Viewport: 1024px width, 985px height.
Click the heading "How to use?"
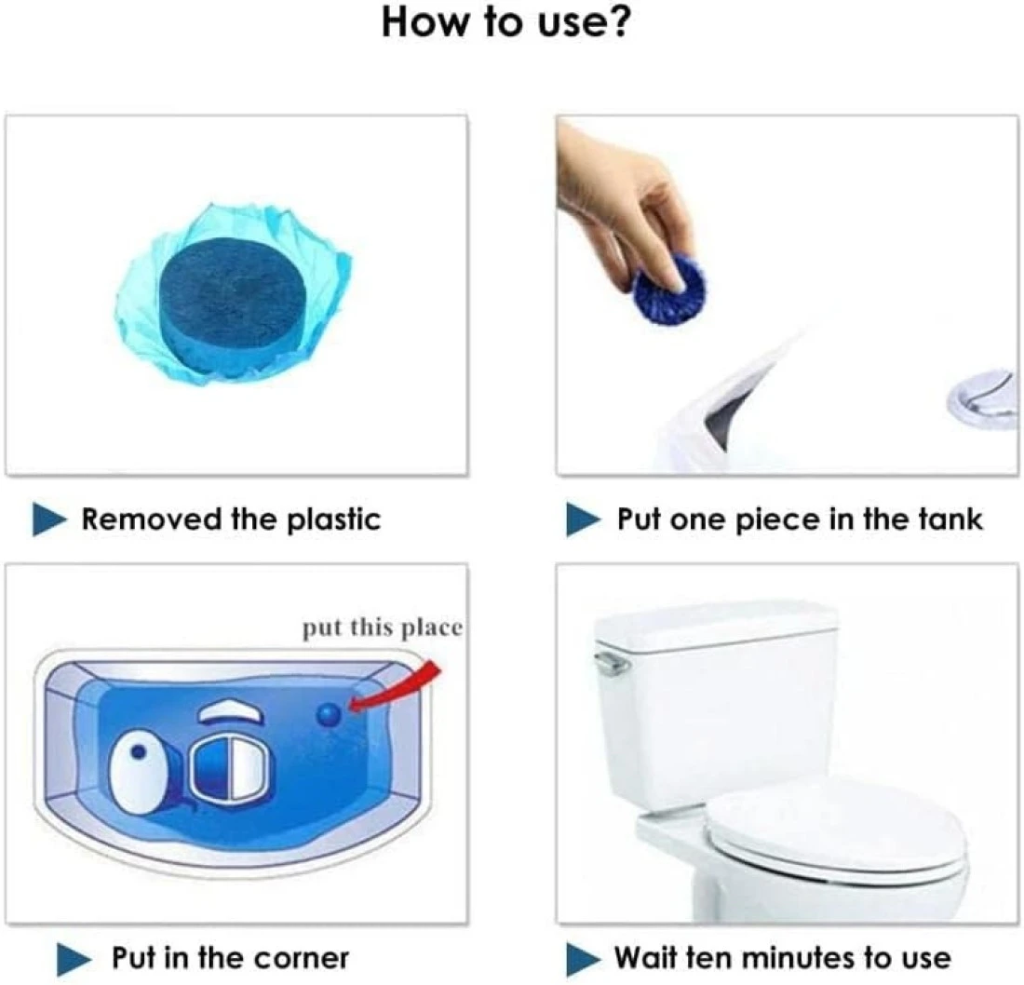(x=506, y=22)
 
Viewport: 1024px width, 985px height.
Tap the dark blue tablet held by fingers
(x=670, y=287)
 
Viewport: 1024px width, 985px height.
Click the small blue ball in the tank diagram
(x=329, y=715)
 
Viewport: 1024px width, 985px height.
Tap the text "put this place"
(x=382, y=627)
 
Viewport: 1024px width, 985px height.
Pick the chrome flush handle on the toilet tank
(x=612, y=663)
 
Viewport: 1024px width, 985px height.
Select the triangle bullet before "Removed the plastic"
(x=49, y=519)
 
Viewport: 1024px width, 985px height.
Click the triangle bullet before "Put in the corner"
(x=74, y=959)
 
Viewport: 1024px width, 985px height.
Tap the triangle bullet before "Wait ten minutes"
(x=583, y=959)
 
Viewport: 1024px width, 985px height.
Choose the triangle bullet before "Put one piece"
(x=583, y=519)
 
